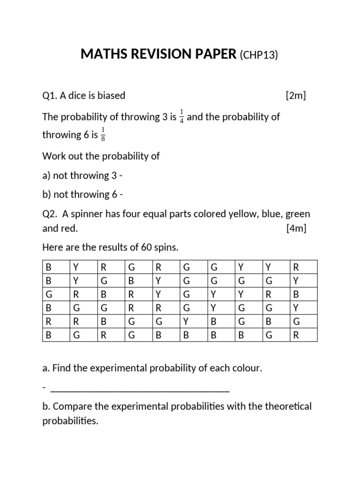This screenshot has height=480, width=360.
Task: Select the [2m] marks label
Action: [x=295, y=96]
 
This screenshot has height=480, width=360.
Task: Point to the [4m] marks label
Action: [x=295, y=229]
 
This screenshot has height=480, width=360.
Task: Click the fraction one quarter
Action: [x=181, y=117]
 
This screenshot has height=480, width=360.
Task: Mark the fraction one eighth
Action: [x=103, y=135]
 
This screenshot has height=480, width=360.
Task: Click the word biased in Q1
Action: [x=111, y=96]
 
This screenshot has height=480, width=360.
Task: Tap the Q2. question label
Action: [x=51, y=214]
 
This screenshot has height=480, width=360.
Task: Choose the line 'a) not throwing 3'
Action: [x=83, y=175]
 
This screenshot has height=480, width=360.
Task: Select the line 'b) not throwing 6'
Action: [x=83, y=194]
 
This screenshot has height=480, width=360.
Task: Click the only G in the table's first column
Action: [x=48, y=294]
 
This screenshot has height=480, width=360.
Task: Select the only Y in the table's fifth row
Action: [x=186, y=322]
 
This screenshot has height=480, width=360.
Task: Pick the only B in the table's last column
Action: [x=295, y=294]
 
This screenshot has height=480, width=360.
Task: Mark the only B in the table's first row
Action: [x=48, y=267]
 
